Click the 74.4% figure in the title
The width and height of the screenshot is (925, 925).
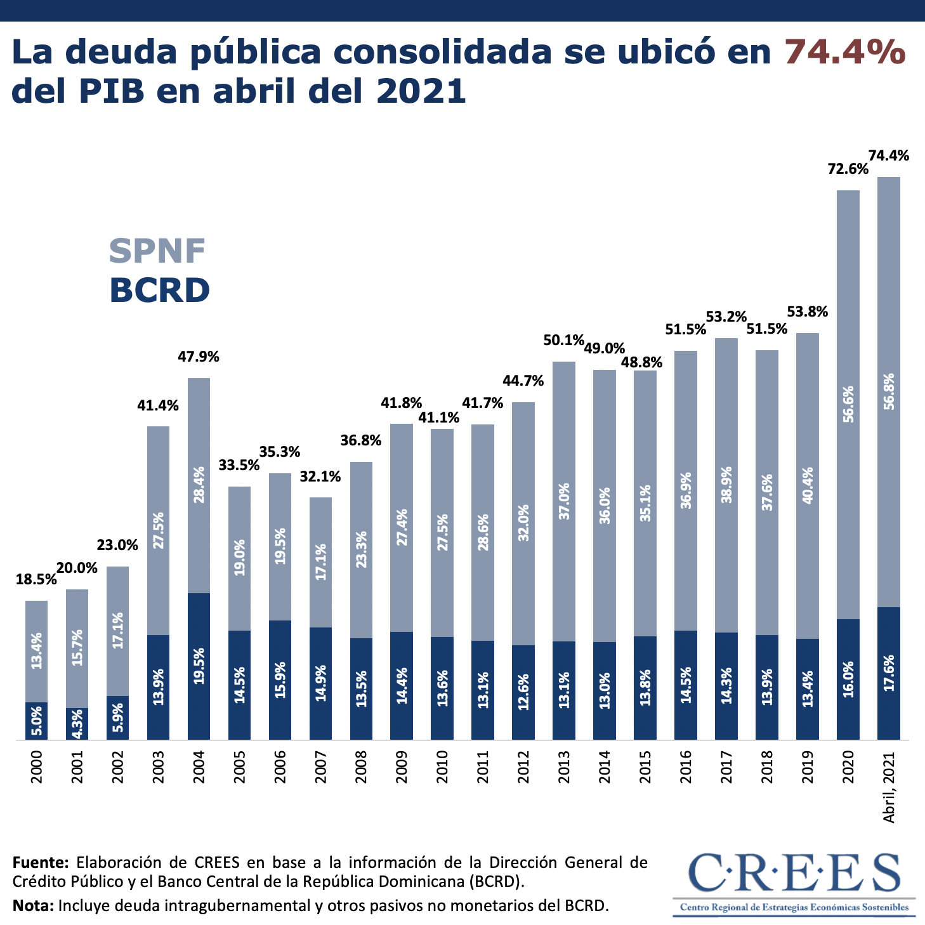pos(845,51)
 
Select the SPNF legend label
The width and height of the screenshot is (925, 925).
pos(157,251)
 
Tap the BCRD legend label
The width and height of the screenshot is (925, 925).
pos(159,291)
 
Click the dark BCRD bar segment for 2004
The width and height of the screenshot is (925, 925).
pos(199,666)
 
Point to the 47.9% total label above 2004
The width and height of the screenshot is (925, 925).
pos(199,357)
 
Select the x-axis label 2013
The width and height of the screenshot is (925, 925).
pos(563,767)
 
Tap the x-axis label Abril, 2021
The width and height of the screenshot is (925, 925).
pos(889,787)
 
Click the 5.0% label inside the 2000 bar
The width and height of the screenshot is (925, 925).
pos(37,721)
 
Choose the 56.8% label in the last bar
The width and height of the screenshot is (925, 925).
pos(889,391)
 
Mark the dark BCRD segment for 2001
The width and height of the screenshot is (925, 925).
pos(77,724)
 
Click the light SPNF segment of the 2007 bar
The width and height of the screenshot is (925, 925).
pos(320,562)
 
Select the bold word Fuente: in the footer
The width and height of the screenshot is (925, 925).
pos(40,862)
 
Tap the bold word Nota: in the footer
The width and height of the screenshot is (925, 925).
pos(33,905)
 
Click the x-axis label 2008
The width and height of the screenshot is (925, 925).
pos(361,767)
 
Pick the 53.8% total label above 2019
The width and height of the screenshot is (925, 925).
pos(808,312)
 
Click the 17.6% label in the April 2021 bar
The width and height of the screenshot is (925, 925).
pos(889,673)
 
